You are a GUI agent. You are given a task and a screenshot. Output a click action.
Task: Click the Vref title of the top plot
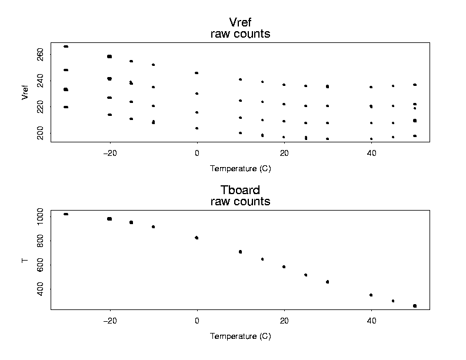click(x=240, y=23)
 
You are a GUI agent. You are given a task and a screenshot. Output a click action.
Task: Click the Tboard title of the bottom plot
click(x=240, y=190)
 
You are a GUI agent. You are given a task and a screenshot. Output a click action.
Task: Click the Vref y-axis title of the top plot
click(x=25, y=92)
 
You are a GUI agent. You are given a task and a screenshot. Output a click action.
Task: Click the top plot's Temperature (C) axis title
click(x=240, y=169)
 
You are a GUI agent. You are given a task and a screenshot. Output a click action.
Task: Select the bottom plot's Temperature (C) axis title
click(x=240, y=336)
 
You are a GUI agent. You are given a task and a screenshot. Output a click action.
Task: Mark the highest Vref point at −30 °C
click(x=66, y=46)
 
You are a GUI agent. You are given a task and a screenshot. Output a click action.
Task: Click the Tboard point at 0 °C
click(x=197, y=238)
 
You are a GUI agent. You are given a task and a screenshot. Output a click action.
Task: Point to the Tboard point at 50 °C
click(x=415, y=306)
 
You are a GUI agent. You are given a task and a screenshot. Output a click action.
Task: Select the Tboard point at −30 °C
click(x=66, y=214)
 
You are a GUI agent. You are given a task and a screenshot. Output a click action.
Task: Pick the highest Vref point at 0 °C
click(x=197, y=73)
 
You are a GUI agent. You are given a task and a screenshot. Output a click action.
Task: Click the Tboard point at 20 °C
click(x=284, y=266)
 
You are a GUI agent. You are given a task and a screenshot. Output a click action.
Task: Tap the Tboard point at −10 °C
click(x=153, y=226)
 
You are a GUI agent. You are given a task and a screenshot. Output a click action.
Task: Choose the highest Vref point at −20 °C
click(x=109, y=56)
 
